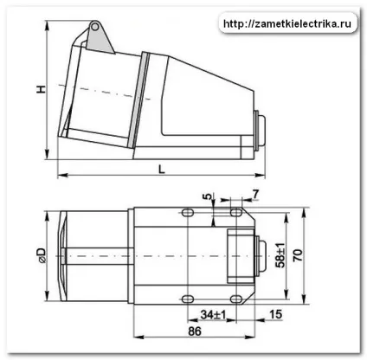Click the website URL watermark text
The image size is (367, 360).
point(287,23)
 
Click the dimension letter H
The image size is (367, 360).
point(42,89)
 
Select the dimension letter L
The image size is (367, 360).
point(162,169)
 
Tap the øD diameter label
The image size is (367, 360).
point(42,255)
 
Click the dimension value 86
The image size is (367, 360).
point(195,331)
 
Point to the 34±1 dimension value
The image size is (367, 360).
point(214,314)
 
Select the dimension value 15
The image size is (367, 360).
point(275,314)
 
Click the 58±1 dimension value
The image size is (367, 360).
point(280,255)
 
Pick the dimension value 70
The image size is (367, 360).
point(298,255)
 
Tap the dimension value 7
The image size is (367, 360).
point(255,195)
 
